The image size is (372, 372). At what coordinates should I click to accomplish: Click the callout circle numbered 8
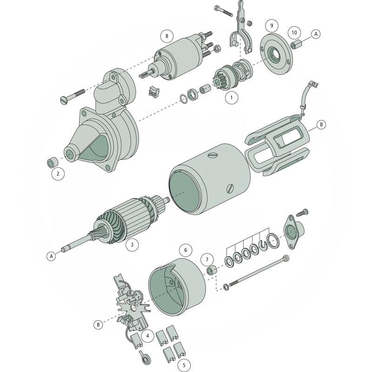coord(167,36)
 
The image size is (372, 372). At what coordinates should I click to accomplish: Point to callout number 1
coord(231,97)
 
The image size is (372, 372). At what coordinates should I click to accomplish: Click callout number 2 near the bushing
coord(58,174)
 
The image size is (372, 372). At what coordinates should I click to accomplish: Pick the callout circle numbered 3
coord(132,244)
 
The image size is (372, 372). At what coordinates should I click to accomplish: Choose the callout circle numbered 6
coord(186,250)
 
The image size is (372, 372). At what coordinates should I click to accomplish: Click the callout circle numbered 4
coord(147,335)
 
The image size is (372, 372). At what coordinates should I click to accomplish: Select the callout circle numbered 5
coord(184,365)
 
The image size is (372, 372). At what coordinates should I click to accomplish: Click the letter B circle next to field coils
coord(321,125)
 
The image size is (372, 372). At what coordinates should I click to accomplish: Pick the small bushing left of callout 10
coord(297,45)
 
